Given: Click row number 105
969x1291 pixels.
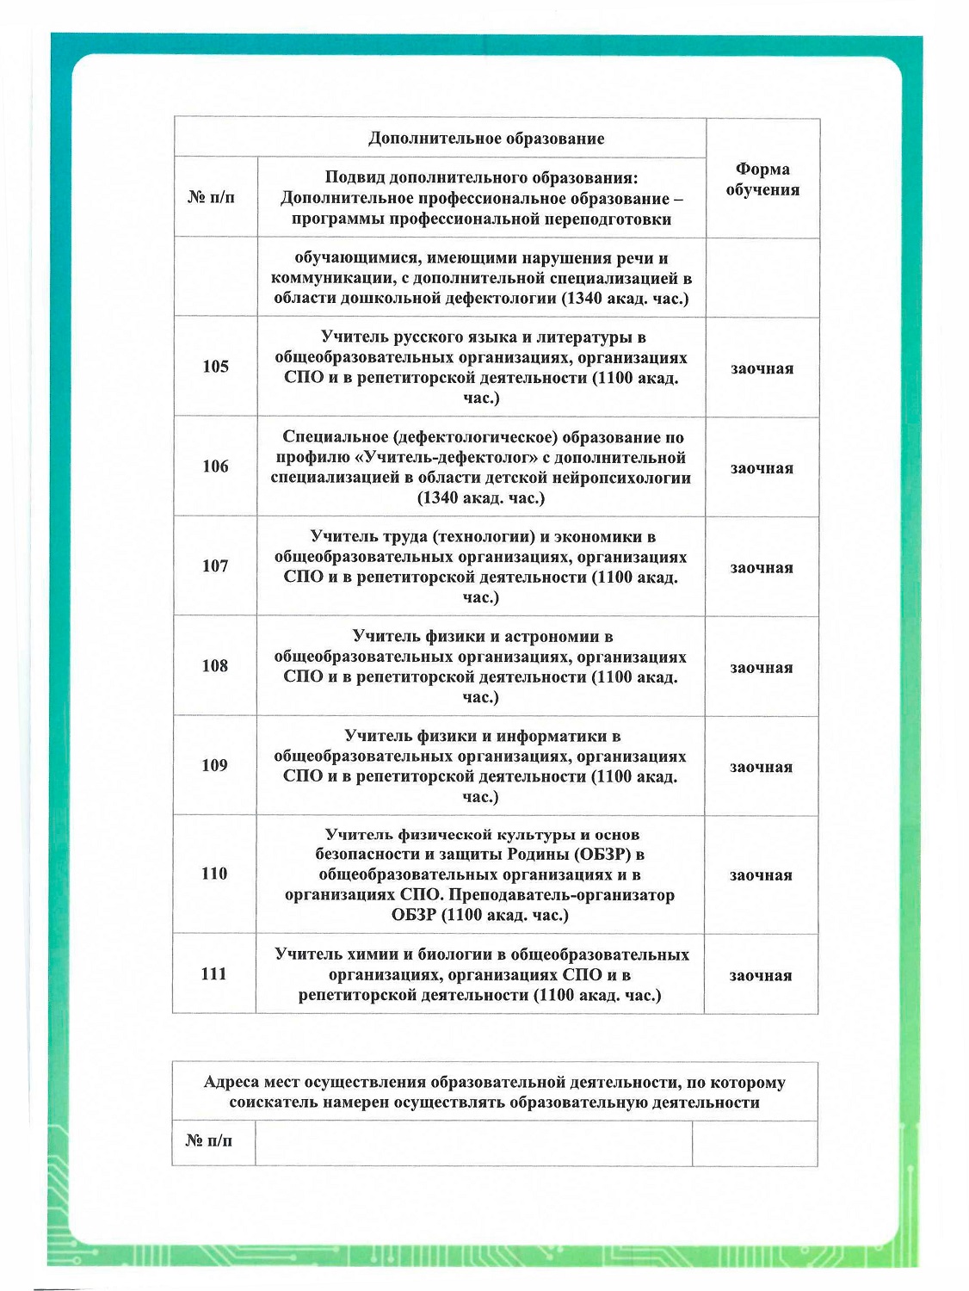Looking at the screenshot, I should (x=215, y=367).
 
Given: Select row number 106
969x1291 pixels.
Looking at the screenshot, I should (x=215, y=466).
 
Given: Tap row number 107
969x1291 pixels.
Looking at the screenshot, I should (x=215, y=566).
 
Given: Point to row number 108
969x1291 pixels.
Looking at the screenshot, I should (x=215, y=665).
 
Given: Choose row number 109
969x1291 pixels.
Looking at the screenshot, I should (x=214, y=765).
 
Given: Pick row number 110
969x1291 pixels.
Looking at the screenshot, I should (x=214, y=874).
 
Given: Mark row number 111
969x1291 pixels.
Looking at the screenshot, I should (x=213, y=974).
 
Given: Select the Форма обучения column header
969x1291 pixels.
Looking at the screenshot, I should (x=762, y=179).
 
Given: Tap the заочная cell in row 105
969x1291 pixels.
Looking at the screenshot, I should (x=762, y=368).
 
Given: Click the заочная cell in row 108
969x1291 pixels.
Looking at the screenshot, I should (x=761, y=668).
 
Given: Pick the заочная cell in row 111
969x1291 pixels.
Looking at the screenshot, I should (x=761, y=976).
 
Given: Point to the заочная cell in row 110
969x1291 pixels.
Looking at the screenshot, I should (x=761, y=875).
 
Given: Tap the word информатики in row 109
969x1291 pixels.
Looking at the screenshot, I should (x=559, y=737).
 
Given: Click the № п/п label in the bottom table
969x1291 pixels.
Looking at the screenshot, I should (x=208, y=1141).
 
